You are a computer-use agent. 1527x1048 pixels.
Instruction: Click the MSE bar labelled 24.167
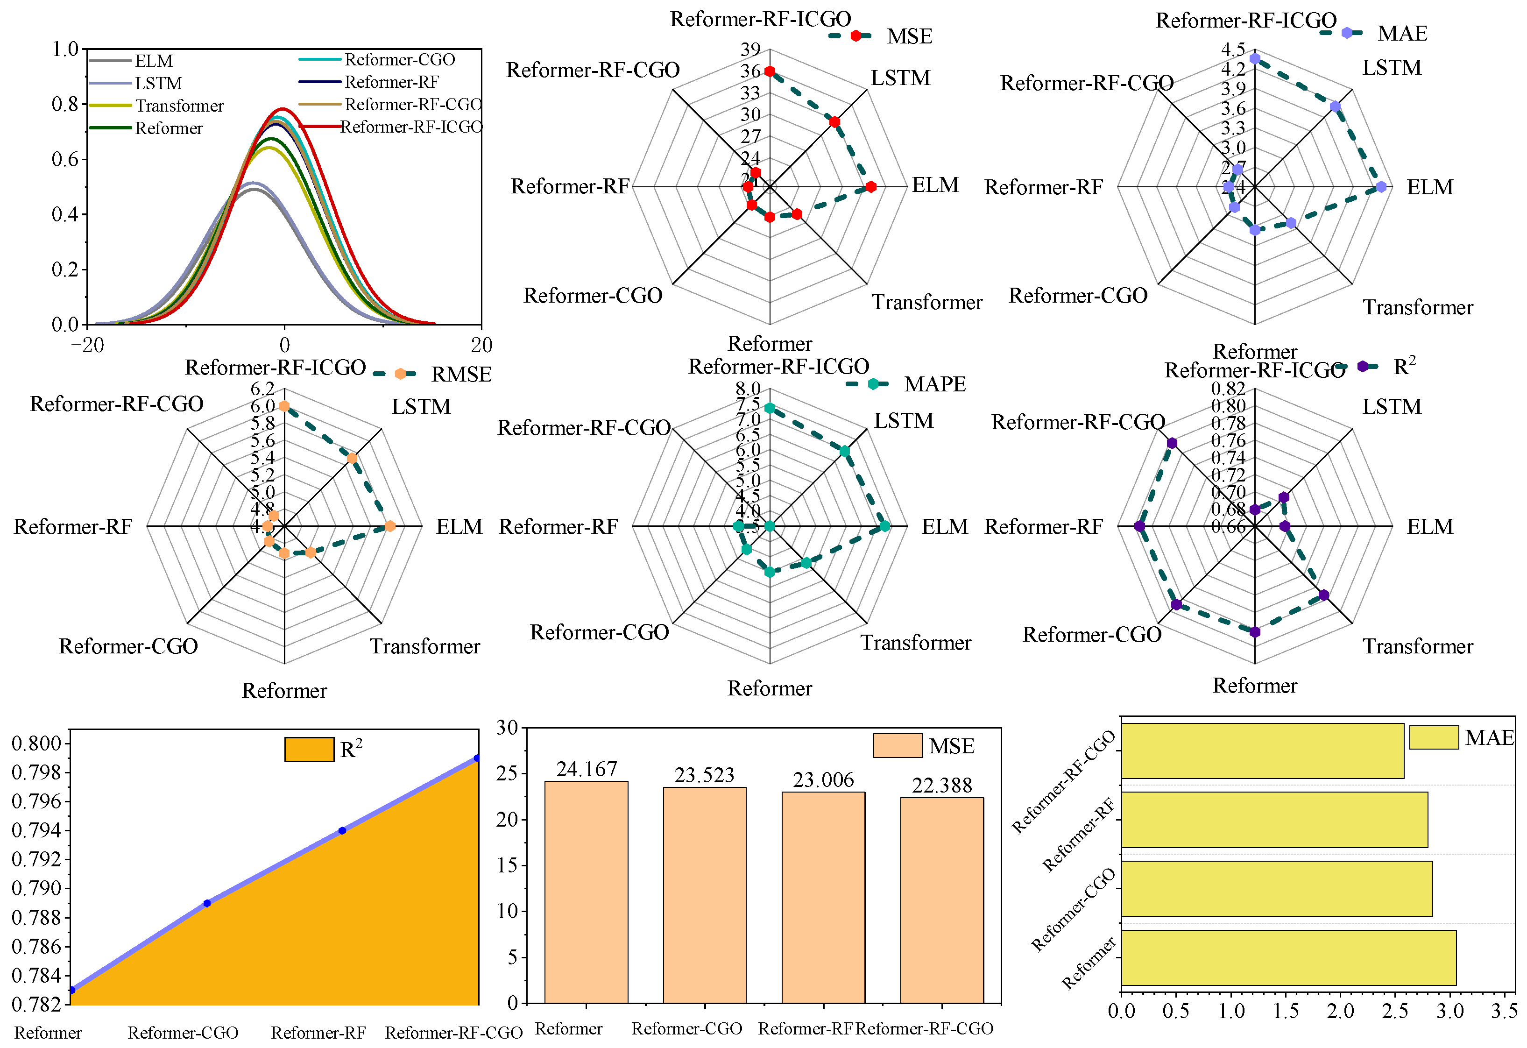586,892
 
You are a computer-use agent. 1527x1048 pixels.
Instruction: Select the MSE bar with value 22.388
941,900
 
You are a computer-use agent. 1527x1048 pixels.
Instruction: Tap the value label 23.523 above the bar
704,775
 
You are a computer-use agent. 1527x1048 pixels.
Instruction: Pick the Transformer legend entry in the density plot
179,106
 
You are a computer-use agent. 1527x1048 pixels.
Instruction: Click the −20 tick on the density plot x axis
87,345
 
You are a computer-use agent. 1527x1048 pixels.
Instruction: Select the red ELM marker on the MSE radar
870,187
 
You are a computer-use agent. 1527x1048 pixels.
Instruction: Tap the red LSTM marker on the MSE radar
834,121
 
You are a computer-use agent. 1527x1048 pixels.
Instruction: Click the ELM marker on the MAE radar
1381,187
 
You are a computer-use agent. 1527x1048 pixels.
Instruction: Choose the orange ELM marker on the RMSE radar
389,526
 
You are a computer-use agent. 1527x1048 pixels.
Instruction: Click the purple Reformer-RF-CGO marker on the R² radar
1172,443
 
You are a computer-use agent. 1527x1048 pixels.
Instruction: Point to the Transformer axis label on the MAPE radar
916,643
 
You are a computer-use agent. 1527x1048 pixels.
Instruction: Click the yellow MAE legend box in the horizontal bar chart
1434,737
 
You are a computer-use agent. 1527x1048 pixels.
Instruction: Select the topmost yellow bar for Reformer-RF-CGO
1262,751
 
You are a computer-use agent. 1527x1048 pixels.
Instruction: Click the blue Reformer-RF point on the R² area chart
342,830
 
